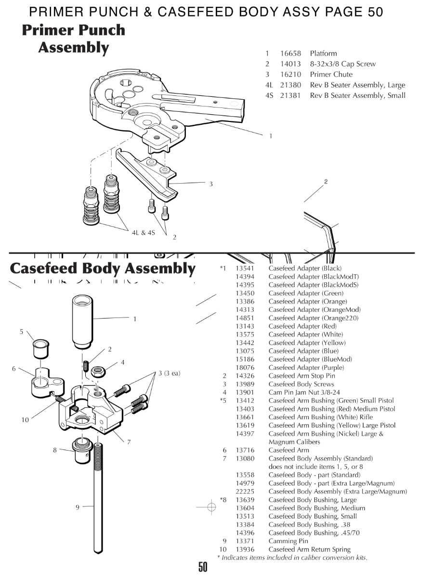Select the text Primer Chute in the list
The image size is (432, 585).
click(331, 75)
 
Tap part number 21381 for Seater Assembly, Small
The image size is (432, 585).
click(290, 95)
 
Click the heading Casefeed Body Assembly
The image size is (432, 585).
click(103, 268)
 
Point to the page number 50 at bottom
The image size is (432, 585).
click(203, 567)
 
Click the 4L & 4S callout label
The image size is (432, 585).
click(144, 233)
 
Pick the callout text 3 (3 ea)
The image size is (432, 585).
click(169, 373)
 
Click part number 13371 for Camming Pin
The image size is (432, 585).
click(245, 541)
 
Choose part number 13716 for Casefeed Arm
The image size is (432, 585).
click(245, 450)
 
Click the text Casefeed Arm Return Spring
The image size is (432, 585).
click(309, 549)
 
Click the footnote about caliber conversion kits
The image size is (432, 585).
click(292, 558)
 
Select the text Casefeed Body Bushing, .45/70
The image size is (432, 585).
click(314, 533)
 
